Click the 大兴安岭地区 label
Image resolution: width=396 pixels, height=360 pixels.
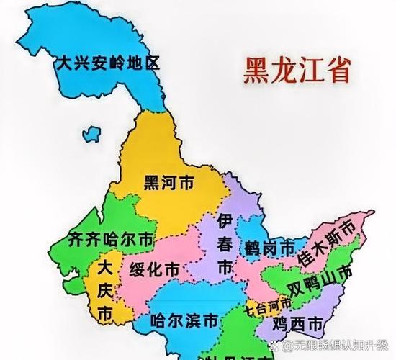click(109, 63)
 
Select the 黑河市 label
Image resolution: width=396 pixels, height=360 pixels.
click(168, 183)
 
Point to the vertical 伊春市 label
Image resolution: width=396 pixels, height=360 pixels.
click(225, 243)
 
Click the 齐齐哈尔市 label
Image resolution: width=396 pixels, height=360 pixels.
click(109, 238)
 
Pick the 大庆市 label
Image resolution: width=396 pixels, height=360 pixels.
click(105, 291)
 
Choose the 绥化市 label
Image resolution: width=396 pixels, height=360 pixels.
click(154, 271)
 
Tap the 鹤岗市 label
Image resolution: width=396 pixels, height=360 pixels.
click(268, 247)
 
